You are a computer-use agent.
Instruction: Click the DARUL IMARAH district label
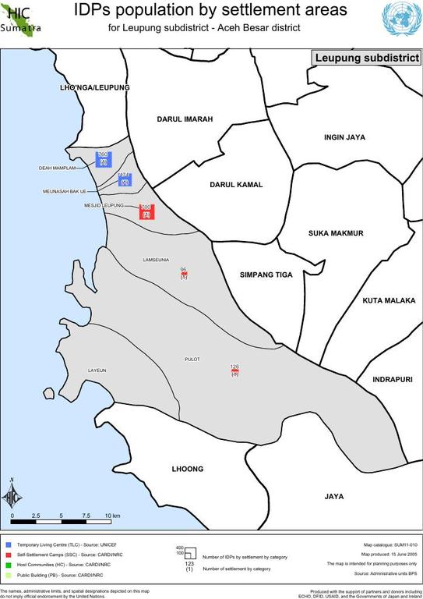[185, 119]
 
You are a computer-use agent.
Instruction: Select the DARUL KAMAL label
[236, 185]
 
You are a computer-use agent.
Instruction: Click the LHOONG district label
[187, 469]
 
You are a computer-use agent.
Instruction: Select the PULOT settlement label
[192, 359]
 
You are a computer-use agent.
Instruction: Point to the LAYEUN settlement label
[97, 370]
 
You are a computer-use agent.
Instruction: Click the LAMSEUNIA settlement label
[157, 259]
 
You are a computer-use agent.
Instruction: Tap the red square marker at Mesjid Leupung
[146, 211]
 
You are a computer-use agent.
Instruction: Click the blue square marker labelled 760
[103, 159]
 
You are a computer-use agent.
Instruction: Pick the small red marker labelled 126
[234, 371]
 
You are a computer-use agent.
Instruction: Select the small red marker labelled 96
[184, 275]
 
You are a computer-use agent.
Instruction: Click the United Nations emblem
[401, 17]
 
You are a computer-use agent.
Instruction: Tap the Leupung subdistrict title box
[367, 58]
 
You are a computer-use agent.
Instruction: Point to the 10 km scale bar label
[111, 516]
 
